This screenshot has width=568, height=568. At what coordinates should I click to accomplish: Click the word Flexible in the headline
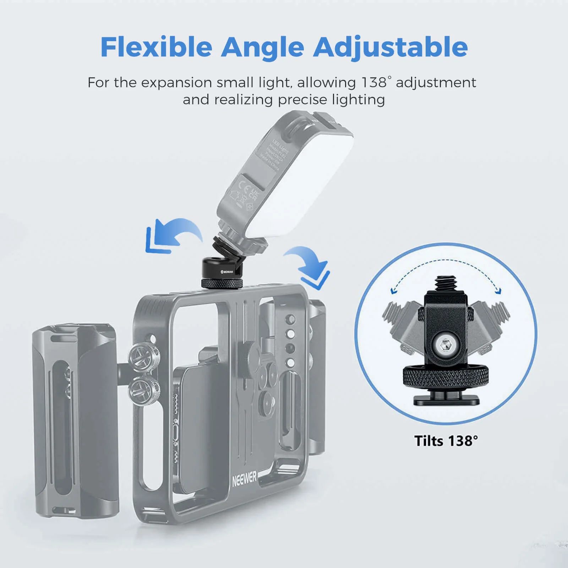(156, 47)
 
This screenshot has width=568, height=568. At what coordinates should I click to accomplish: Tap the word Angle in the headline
(263, 47)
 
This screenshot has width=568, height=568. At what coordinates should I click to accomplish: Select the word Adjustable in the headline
(390, 48)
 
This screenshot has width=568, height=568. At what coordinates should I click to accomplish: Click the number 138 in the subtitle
(374, 82)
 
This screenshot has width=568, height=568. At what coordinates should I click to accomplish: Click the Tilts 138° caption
(446, 441)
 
